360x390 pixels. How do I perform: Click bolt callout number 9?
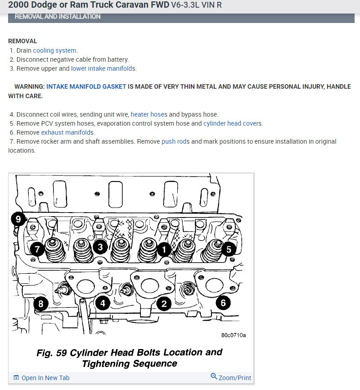coord(18,219)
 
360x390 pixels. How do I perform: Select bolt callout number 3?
coord(100,246)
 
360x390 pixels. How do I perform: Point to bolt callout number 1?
coord(164,248)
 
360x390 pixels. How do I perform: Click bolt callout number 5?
coord(229,248)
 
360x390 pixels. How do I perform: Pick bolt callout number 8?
coord(40,304)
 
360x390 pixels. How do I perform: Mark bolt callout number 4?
coord(103,304)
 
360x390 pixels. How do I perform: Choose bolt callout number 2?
coord(164,304)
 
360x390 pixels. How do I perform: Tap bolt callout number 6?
coord(223,303)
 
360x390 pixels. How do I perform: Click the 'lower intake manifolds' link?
coord(103,68)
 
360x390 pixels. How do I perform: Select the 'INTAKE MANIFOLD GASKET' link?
coord(86,86)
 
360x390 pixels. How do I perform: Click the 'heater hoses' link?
coord(149,114)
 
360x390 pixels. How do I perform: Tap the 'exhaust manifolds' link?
coord(67,132)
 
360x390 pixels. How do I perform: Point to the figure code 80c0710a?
coord(234,335)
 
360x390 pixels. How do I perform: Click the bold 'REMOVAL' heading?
coord(22,41)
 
